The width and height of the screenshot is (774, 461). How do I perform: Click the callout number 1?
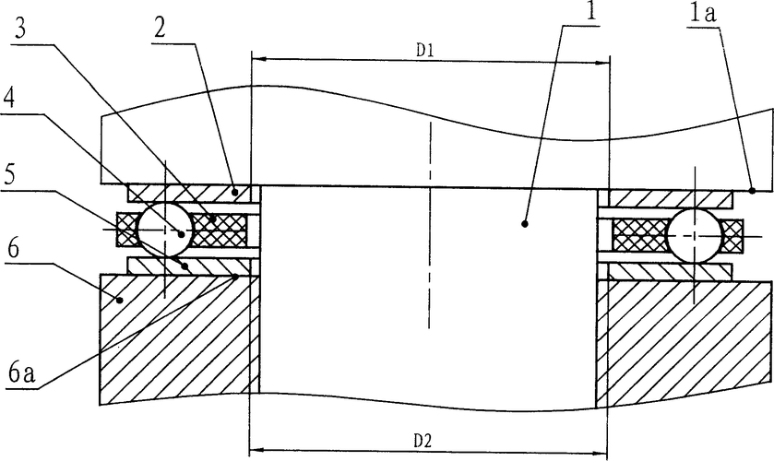[x=590, y=11]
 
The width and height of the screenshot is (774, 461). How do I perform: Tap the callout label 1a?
[x=703, y=13]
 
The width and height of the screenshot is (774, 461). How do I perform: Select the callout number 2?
[x=159, y=29]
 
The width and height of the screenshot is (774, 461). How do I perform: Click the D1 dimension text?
[x=424, y=51]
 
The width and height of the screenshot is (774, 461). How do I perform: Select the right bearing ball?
[x=695, y=235]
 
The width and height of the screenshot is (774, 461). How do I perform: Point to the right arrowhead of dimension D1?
[x=601, y=63]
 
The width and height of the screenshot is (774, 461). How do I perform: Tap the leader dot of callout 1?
[x=525, y=224]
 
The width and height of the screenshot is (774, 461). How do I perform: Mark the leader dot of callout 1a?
[x=752, y=190]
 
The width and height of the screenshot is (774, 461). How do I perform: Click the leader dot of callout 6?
[x=119, y=300]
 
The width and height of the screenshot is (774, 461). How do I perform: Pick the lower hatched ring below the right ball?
[x=670, y=271]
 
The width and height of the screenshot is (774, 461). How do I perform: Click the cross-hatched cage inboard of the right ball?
[x=639, y=234]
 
